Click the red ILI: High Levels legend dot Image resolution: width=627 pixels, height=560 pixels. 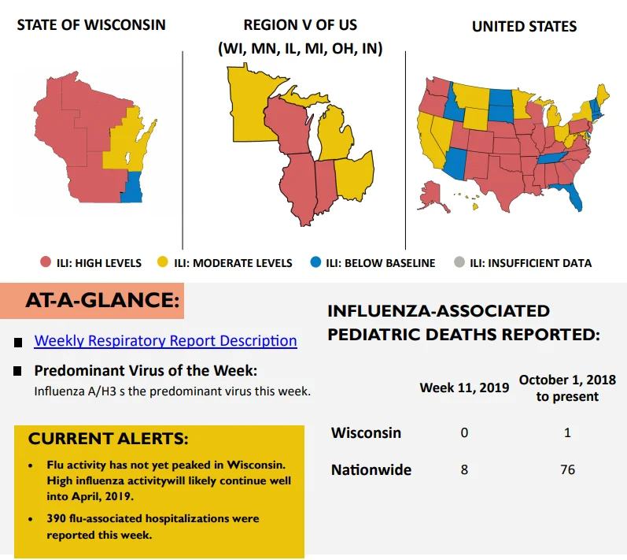(x=46, y=262)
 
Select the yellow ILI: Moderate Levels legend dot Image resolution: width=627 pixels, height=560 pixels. (x=162, y=262)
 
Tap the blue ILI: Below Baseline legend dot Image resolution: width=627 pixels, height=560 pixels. (x=315, y=262)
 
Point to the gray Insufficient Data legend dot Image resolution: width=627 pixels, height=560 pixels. (x=459, y=262)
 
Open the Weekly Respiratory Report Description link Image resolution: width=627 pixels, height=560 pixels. (x=165, y=340)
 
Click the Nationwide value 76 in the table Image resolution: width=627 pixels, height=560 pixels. (x=567, y=469)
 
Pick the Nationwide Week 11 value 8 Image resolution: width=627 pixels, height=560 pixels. (x=464, y=469)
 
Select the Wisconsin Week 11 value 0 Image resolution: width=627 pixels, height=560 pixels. (x=464, y=432)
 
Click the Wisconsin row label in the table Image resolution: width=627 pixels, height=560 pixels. (x=366, y=432)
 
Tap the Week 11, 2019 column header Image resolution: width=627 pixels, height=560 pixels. (x=464, y=388)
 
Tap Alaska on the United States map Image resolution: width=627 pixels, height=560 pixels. (x=432, y=196)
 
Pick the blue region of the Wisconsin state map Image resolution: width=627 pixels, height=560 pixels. (x=133, y=187)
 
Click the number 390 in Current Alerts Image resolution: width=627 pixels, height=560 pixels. (x=56, y=518)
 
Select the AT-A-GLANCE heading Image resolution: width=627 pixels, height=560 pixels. (x=102, y=300)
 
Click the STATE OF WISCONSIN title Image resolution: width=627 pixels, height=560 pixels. (x=91, y=25)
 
